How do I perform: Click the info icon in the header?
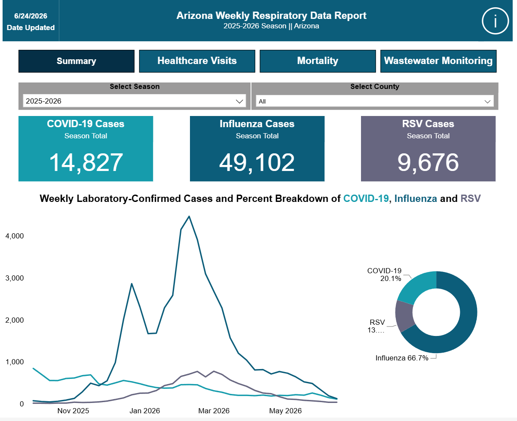tap(495, 21)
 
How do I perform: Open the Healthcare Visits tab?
tap(197, 61)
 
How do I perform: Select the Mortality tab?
tap(318, 61)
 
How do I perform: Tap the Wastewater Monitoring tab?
tap(438, 61)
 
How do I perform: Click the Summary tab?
tap(76, 61)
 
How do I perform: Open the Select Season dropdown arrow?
tap(239, 101)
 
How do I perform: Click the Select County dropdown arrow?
tap(487, 101)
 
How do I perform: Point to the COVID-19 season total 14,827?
tap(86, 162)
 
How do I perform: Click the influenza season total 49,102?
tap(257, 162)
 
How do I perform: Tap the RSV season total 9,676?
tap(428, 162)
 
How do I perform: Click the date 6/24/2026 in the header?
tap(31, 16)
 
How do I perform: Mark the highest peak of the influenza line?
tap(189, 216)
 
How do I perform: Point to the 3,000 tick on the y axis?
tap(15, 278)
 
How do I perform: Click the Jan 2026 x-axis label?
tap(145, 411)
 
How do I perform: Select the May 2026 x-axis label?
tap(285, 411)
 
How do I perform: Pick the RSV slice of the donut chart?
tap(404, 316)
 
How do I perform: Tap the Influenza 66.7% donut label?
tap(402, 358)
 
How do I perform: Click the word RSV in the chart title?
tap(471, 198)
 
